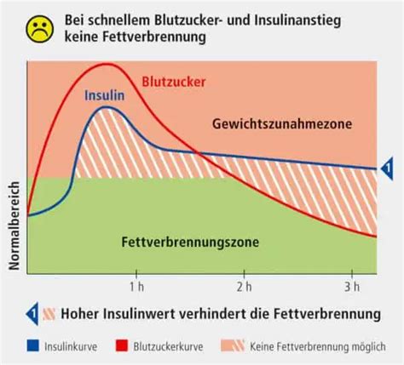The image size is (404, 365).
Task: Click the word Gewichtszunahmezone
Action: click(272, 125)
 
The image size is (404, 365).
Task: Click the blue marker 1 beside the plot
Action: click(385, 168)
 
